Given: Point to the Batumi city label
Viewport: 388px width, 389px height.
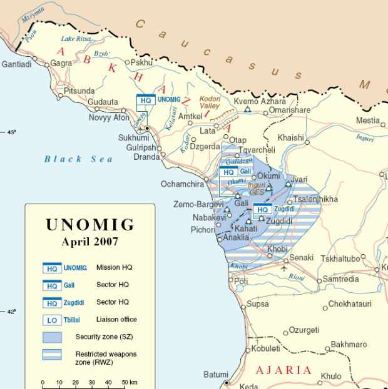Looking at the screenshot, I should click(216, 375).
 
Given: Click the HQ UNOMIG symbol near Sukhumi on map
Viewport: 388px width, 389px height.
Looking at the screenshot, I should click(146, 100).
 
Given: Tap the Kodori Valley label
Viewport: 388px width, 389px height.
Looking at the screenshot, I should click(210, 102).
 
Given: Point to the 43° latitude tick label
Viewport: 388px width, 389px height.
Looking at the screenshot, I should click(11, 132).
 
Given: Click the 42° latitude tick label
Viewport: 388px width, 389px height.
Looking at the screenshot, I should click(11, 312).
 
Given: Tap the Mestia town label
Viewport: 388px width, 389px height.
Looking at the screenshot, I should click(367, 121).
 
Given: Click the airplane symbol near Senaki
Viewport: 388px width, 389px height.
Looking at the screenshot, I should click(285, 268).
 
